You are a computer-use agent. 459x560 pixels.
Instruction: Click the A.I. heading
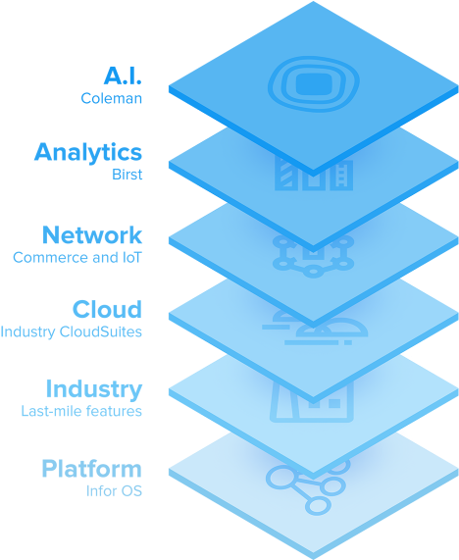point(123,76)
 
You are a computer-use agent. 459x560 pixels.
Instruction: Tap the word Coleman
point(112,98)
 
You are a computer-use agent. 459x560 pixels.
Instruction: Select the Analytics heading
point(88,152)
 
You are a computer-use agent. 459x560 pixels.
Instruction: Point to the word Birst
point(127,175)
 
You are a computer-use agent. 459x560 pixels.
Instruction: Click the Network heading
point(92,235)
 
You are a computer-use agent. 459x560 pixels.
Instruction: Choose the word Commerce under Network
point(50,257)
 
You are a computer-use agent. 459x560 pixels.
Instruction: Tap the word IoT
point(131,257)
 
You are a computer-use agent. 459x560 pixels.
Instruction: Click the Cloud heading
point(107,309)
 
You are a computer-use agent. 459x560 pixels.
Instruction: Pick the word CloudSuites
point(101,331)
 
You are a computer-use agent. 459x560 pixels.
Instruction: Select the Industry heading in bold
point(94,389)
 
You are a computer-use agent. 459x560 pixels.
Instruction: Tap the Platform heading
point(92,468)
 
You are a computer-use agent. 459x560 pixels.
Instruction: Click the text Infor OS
point(115,490)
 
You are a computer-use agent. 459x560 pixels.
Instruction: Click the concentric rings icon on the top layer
point(314,84)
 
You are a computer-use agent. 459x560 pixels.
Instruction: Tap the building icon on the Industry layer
point(312,402)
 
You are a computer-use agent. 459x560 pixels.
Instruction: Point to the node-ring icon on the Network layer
point(313,257)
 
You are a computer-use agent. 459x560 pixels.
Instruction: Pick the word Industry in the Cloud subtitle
point(27,331)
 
